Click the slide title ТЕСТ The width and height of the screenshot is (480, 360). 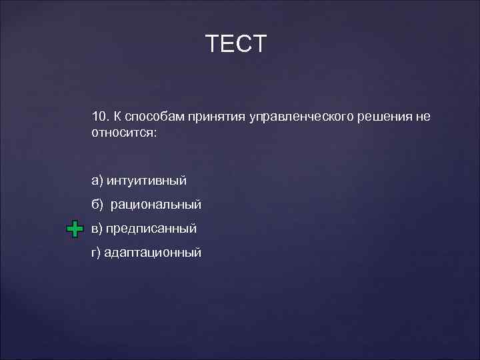click(x=236, y=44)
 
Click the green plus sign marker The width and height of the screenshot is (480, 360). click(x=75, y=229)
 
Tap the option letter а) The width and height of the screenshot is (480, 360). click(x=98, y=181)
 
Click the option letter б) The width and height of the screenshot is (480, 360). click(x=98, y=205)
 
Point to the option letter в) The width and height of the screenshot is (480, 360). click(x=98, y=229)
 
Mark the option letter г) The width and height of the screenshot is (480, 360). click(x=97, y=253)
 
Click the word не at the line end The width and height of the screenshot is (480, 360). click(x=423, y=117)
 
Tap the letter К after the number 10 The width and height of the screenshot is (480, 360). click(x=117, y=117)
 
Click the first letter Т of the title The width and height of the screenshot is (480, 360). click(x=213, y=44)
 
